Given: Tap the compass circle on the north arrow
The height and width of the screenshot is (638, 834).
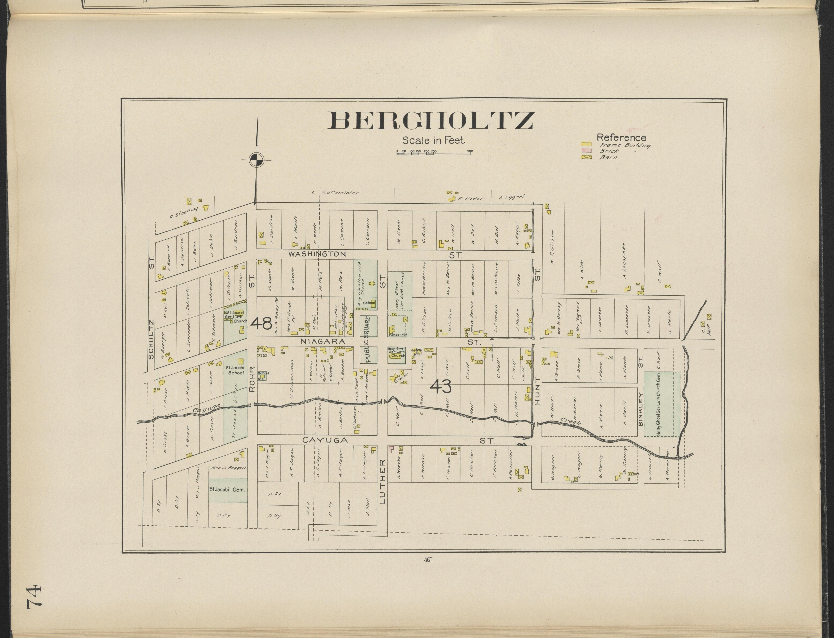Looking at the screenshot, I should (x=257, y=160).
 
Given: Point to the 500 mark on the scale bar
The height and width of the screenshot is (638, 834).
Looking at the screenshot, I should (x=470, y=151).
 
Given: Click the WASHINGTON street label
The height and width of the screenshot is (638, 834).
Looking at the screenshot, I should (x=317, y=254).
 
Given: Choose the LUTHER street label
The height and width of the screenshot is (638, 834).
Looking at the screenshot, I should (x=382, y=482).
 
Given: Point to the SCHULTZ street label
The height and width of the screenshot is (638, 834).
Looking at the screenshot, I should (x=151, y=340).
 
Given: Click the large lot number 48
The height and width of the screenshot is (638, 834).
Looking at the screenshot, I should (x=261, y=323).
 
